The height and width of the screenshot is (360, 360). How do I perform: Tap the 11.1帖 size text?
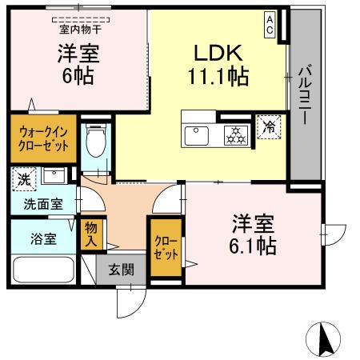[x=217, y=77]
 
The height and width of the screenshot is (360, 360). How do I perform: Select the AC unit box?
[x=271, y=24]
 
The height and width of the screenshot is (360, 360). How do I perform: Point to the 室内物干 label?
[x=78, y=30]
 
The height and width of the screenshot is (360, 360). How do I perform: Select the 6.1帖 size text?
[x=254, y=246]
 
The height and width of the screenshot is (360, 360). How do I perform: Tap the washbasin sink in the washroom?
[x=55, y=176]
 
